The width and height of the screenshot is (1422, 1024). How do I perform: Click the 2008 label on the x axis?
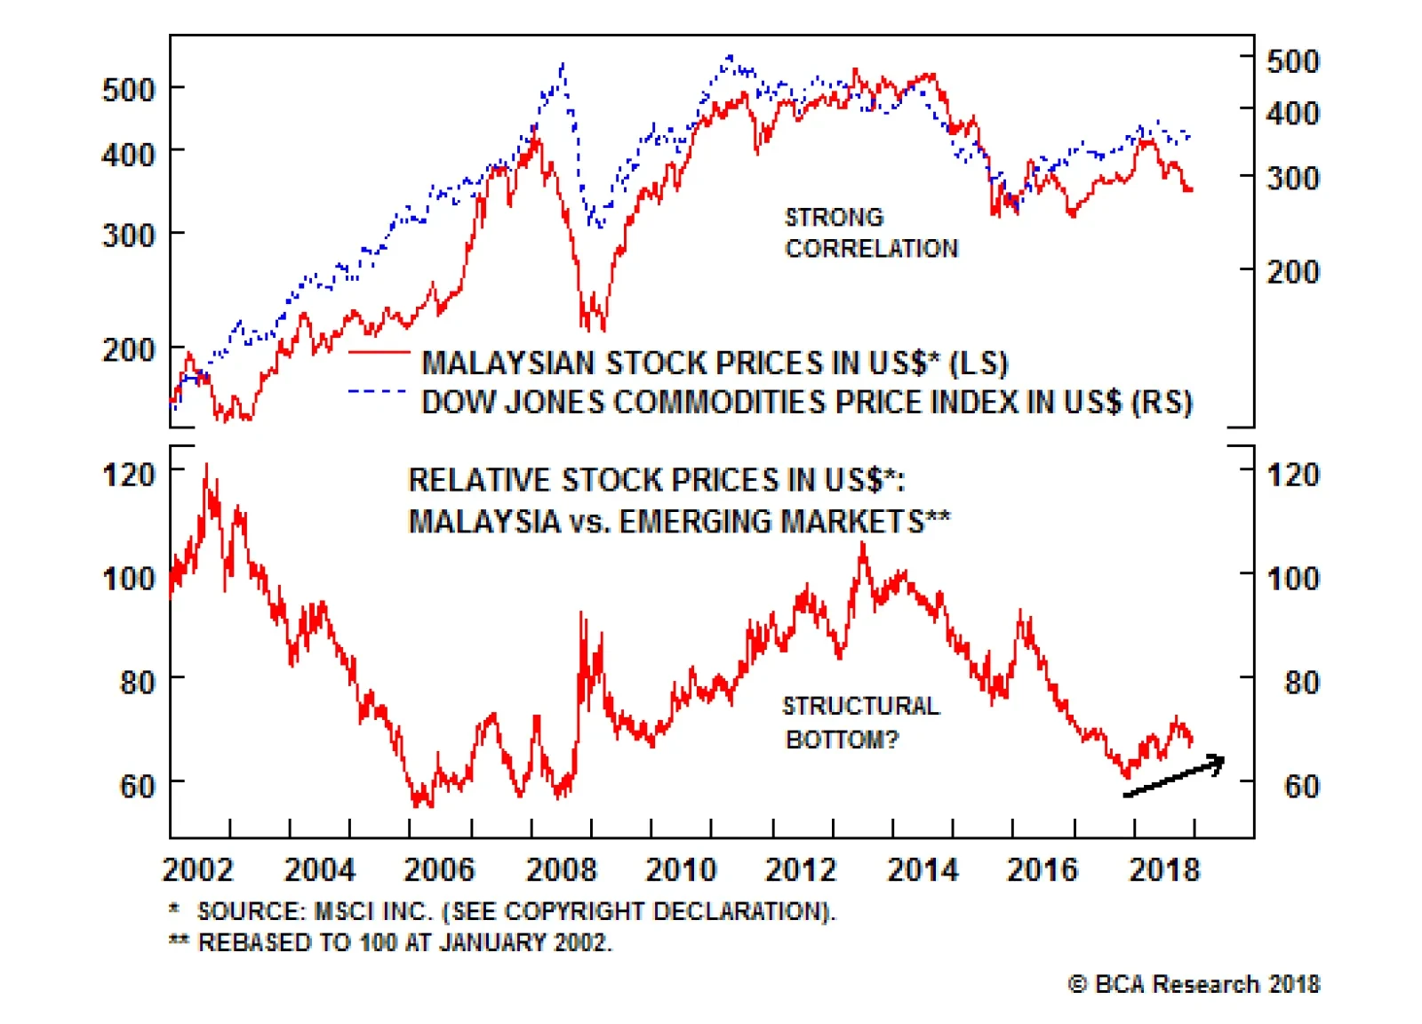[x=561, y=868]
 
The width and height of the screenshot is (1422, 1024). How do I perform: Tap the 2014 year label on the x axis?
[x=923, y=868]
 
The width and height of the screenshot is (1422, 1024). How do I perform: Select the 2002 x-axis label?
[x=197, y=868]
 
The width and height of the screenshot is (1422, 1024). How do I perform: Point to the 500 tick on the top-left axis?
[x=129, y=90]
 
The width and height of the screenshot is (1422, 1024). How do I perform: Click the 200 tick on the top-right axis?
[x=1292, y=271]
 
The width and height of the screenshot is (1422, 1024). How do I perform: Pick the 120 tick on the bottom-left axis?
[x=129, y=474]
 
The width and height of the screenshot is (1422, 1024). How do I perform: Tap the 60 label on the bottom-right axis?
[x=1301, y=786]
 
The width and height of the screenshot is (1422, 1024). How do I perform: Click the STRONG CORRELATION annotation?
[x=871, y=233]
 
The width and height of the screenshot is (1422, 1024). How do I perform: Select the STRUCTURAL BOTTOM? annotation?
[x=859, y=723]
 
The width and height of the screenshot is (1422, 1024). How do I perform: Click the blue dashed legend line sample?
[x=379, y=391]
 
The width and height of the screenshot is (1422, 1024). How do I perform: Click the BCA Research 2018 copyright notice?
[x=1194, y=984]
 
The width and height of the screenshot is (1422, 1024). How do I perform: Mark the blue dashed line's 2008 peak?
[x=563, y=65]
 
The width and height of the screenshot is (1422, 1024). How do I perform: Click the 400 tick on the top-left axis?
[x=129, y=154]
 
